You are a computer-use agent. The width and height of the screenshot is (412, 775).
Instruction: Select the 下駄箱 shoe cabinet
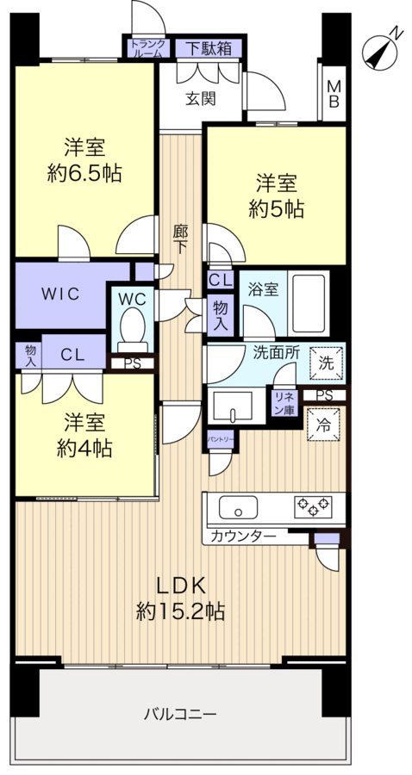pyautogui.click(x=204, y=49)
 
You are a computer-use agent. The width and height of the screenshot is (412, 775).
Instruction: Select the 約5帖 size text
pyautogui.click(x=275, y=208)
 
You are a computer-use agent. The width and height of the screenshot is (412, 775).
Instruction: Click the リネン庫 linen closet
pyautogui.click(x=284, y=402)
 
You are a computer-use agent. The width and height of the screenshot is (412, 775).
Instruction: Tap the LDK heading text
pyautogui.click(x=181, y=586)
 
